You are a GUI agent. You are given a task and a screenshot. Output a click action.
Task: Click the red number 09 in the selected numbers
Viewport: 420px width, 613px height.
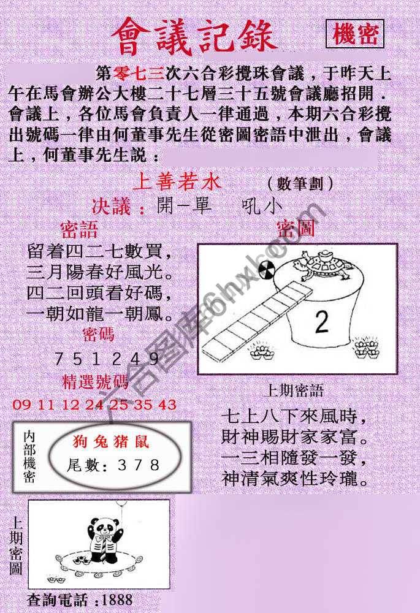[20, 405]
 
